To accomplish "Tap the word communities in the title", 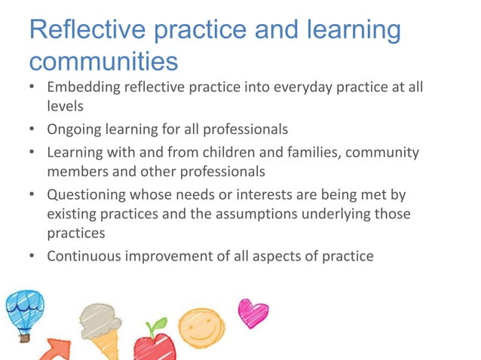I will click(103, 60).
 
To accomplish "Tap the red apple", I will click(154, 348).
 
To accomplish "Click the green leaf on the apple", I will click(159, 325).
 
